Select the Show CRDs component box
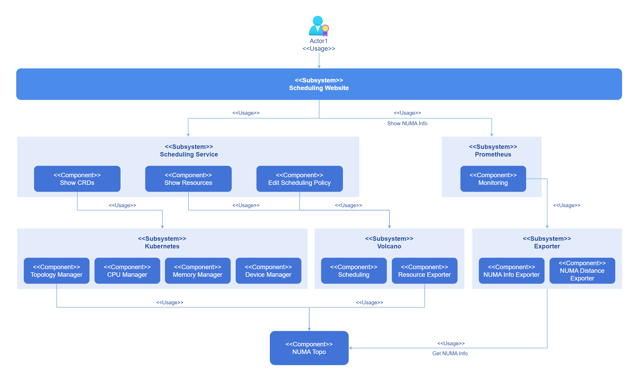77,179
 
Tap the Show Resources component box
188,179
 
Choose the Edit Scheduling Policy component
299,179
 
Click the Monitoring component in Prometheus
493,179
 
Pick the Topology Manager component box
57,271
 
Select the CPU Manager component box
127,271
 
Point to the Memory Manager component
198,271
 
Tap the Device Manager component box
268,271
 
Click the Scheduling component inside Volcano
354,271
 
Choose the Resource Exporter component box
424,271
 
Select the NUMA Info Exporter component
511,271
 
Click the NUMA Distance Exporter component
582,271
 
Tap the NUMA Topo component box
309,348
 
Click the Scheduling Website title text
319,88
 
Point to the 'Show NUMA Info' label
407,123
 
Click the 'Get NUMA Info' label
450,353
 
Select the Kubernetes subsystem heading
162,246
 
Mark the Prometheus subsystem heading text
493,154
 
